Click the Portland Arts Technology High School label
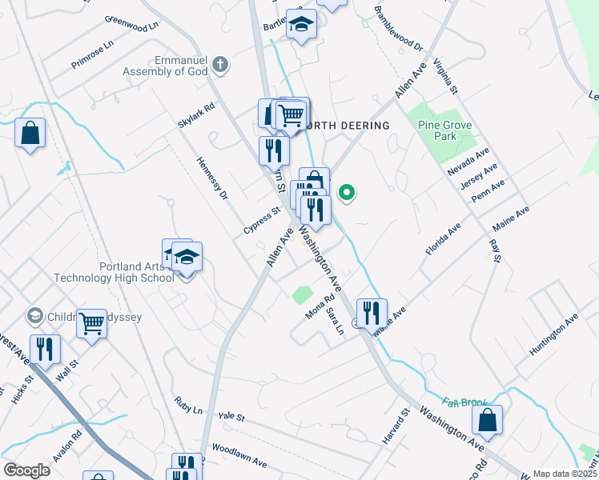coord(114,273)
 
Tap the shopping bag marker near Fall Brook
coord(487,420)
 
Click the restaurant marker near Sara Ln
coord(371,312)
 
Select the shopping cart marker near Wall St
coord(92,324)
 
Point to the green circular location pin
coord(347,192)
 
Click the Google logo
coord(26,470)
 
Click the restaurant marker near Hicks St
coord(44,349)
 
